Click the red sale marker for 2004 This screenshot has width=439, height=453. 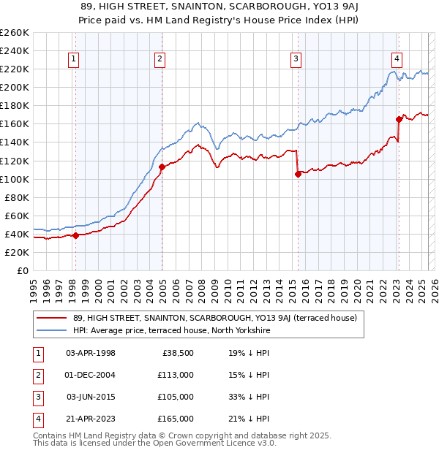coord(162,167)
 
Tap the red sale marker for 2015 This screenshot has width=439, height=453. coord(298,174)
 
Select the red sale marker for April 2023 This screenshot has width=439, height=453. coord(399,119)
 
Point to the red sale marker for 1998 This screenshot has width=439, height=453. coord(75,235)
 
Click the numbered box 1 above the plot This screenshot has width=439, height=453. coord(75,60)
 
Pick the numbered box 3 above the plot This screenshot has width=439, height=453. coord(296,60)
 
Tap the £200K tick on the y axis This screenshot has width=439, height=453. coord(15,87)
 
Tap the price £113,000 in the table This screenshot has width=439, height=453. coord(176,375)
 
